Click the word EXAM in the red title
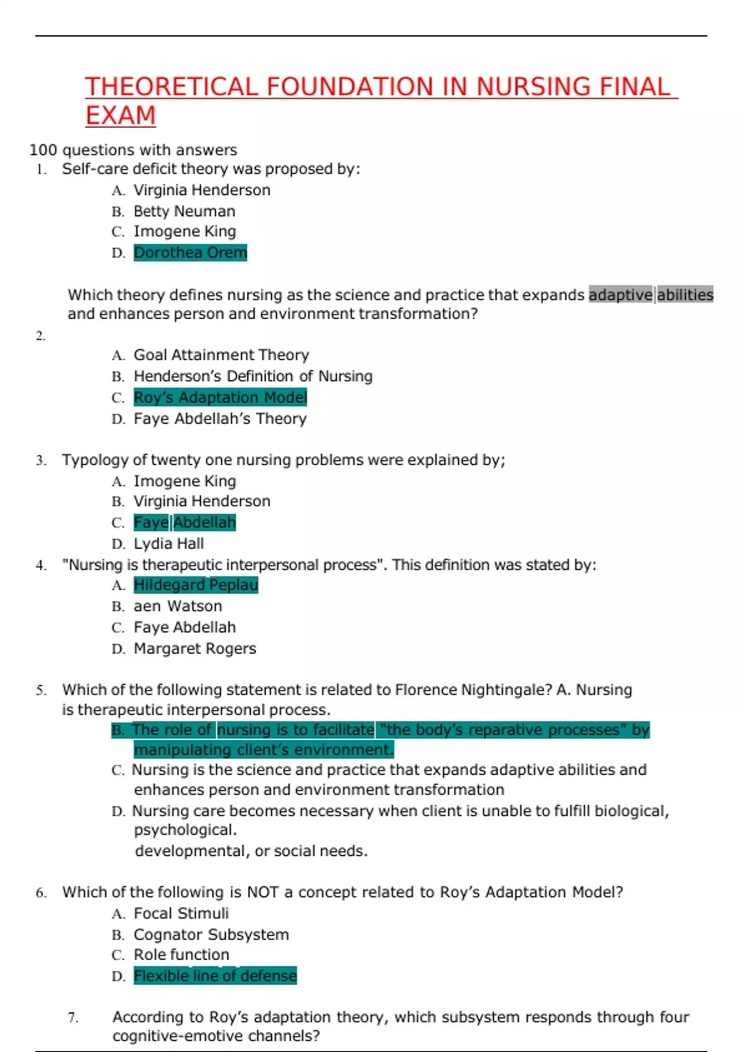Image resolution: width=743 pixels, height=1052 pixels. click(120, 116)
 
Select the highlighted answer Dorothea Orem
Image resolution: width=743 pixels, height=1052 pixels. click(190, 252)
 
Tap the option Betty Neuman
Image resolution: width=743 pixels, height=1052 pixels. click(184, 211)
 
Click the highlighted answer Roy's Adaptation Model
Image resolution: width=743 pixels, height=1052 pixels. click(220, 397)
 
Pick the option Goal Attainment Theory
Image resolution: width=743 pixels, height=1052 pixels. click(221, 355)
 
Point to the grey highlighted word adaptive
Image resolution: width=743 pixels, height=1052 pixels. click(620, 295)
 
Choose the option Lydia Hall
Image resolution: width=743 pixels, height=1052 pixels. click(168, 544)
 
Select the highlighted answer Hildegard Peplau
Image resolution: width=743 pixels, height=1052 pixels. click(196, 585)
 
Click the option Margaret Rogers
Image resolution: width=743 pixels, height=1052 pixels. click(194, 649)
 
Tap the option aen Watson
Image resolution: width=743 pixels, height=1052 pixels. click(178, 606)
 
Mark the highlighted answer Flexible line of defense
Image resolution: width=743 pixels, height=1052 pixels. click(215, 976)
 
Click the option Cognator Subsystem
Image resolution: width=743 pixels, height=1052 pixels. click(211, 934)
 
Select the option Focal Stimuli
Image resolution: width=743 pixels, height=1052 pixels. click(181, 913)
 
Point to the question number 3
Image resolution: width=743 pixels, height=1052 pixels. click(41, 460)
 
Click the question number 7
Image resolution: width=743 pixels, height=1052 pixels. click(73, 1018)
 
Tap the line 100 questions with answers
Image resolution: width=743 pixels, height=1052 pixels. click(133, 150)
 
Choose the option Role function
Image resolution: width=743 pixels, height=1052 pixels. click(181, 955)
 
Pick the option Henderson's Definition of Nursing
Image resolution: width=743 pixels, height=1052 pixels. click(253, 376)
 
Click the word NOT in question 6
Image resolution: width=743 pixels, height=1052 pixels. click(263, 892)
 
